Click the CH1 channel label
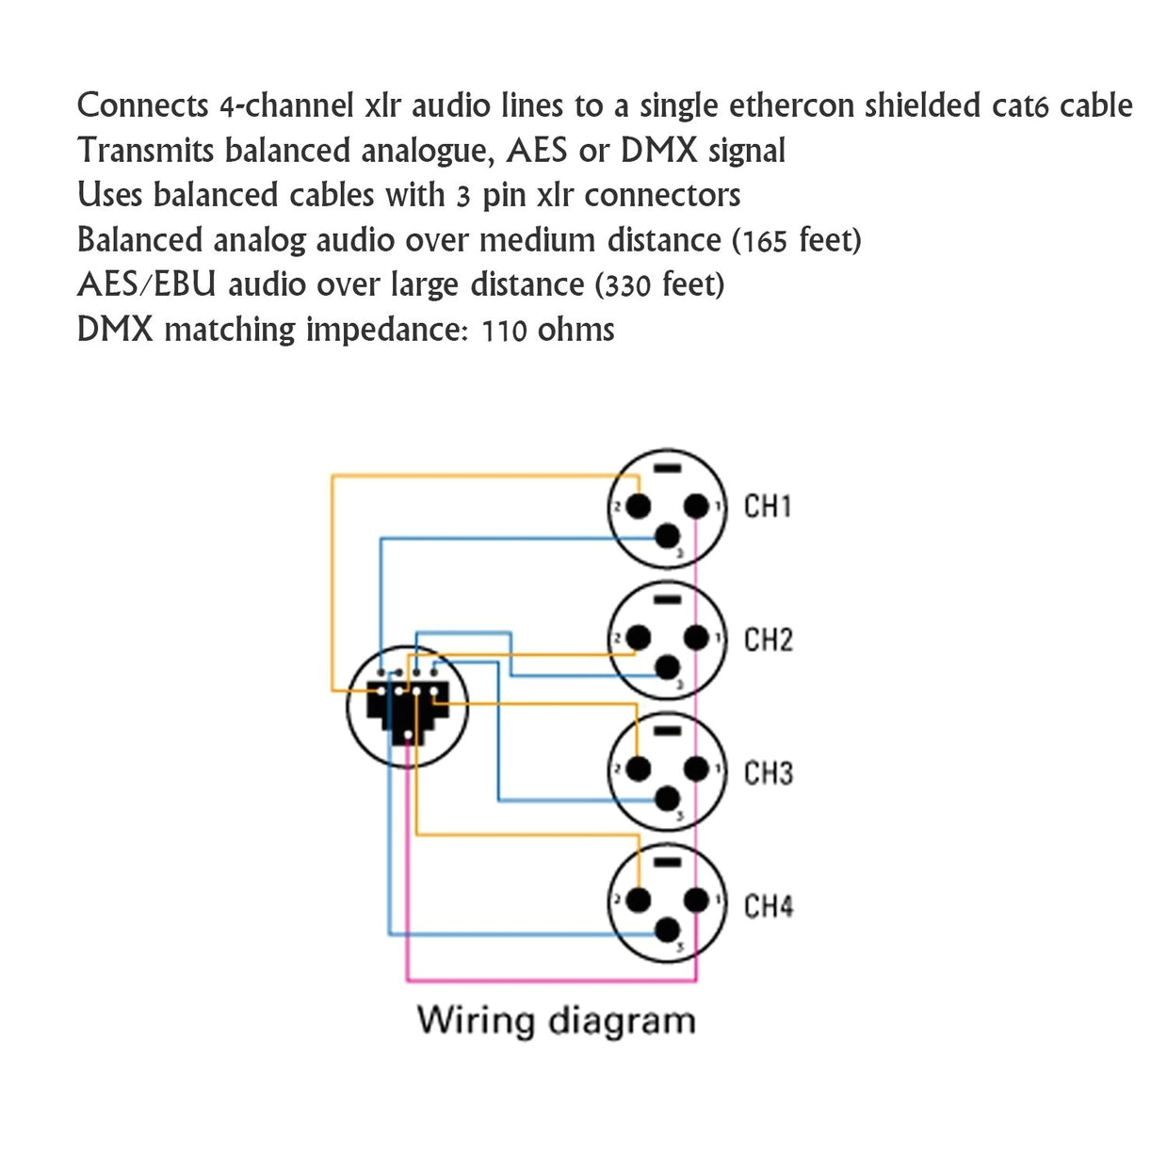coord(768,507)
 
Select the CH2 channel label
coord(768,640)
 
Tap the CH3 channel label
coord(768,773)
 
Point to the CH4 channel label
coord(768,907)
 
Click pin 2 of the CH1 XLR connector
coord(638,508)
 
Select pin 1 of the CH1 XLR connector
coord(696,508)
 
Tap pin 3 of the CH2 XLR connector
coord(668,669)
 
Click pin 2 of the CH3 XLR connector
coord(638,770)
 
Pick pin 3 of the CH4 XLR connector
coord(668,932)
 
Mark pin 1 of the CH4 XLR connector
coord(696,900)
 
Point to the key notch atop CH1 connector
coord(667,469)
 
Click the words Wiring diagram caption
coord(556,1021)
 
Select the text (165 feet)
coord(797,241)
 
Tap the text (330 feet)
coord(660,285)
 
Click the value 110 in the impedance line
coord(504,331)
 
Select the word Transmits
coord(146,151)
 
